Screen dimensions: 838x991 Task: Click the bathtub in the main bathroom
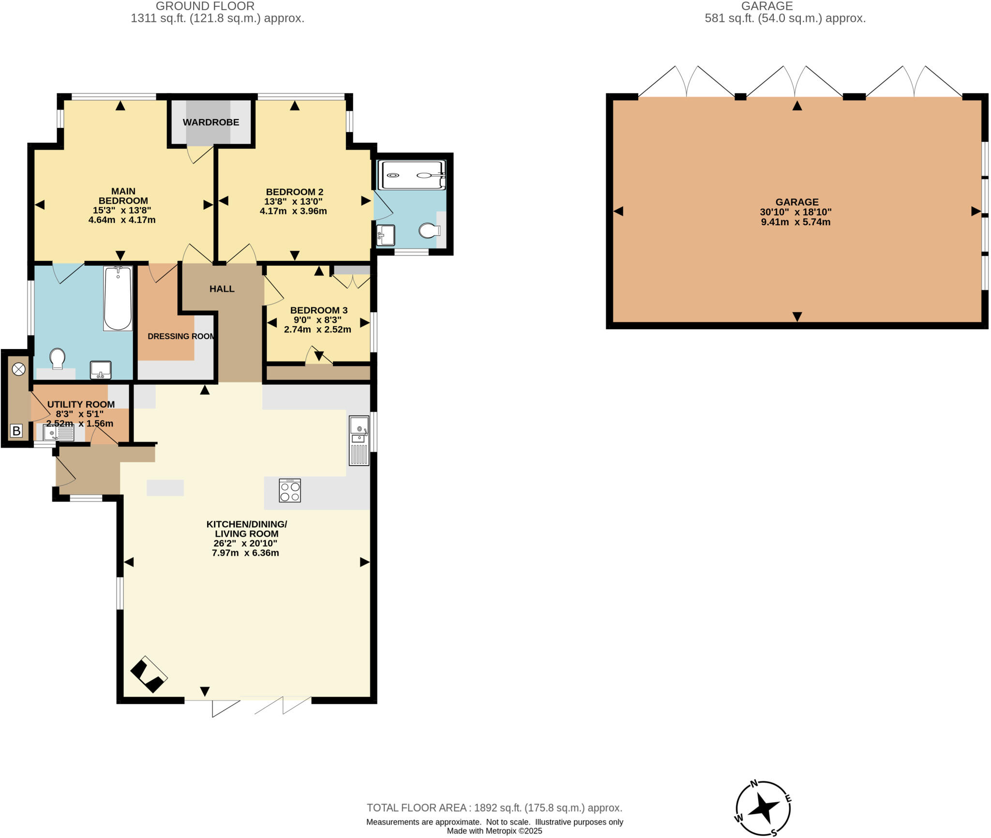118,299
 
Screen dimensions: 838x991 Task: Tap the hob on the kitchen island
290,490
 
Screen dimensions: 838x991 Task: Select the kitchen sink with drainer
359,441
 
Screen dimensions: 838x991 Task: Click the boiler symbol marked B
16,430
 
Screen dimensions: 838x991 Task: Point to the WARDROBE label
211,122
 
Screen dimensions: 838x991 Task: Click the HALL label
222,289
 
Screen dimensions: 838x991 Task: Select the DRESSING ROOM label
181,336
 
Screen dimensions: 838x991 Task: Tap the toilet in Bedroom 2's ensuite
428,230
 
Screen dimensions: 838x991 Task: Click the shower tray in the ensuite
413,175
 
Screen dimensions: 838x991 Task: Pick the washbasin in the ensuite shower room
386,235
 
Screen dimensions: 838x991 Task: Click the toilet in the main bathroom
58,359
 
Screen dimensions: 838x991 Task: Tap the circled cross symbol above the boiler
18,369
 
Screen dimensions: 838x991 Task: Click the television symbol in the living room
149,675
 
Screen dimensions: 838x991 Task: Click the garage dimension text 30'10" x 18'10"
796,212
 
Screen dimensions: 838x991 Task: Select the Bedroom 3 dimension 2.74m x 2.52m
317,330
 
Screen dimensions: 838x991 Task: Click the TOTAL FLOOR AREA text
494,808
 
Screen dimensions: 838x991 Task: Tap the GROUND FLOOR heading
205,6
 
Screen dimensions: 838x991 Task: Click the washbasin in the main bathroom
101,370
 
